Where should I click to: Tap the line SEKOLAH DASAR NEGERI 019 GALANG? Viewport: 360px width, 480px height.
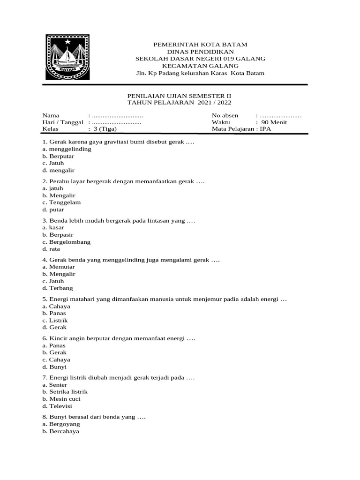pyautogui.click(x=200, y=59)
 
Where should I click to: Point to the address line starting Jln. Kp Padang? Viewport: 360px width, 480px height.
pyautogui.click(x=200, y=73)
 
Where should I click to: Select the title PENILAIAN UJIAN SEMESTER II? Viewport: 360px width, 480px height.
pyautogui.click(x=180, y=95)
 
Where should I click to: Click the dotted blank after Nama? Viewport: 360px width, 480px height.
pyautogui.click(x=117, y=115)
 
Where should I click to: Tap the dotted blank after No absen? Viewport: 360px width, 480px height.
pyautogui.click(x=280, y=115)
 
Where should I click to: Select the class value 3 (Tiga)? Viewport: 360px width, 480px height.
pyautogui.click(x=104, y=129)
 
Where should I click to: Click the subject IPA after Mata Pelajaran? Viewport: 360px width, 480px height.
pyautogui.click(x=266, y=129)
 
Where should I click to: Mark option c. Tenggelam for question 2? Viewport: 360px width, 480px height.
pyautogui.click(x=61, y=202)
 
